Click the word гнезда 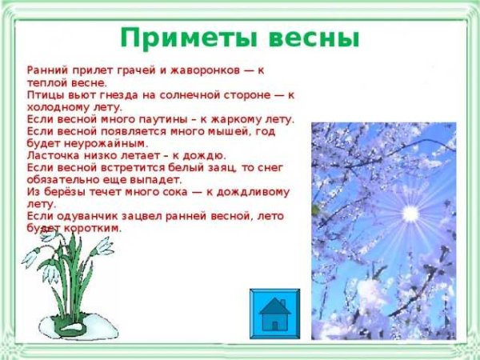pos(118,94)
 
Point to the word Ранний pos(46,70)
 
